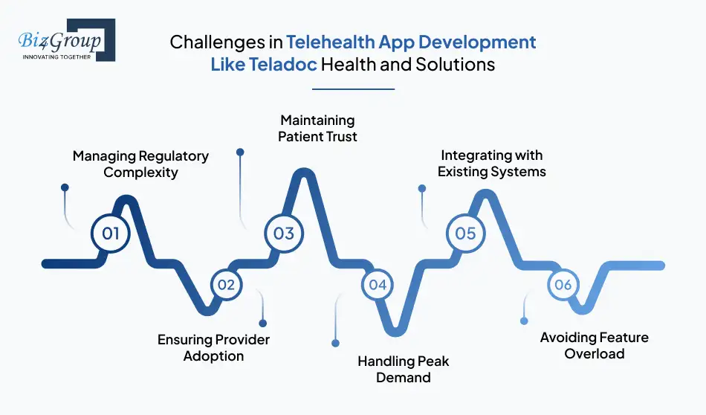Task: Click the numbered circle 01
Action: [111, 234]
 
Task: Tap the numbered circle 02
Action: [226, 285]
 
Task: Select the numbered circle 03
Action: [284, 234]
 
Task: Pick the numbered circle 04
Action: [378, 285]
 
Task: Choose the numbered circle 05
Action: [465, 234]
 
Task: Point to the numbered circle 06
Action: [563, 285]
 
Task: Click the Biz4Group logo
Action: [65, 39]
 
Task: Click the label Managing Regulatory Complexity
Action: [140, 164]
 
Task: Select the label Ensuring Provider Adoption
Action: [213, 347]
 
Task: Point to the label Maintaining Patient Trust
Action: [317, 128]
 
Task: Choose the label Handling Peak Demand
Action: [404, 369]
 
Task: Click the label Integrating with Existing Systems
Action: [491, 164]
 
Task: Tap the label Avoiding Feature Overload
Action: [594, 345]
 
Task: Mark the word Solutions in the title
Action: [453, 64]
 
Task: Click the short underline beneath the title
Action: [352, 89]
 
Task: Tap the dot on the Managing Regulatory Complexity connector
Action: [65, 187]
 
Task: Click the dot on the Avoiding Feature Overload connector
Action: [524, 321]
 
